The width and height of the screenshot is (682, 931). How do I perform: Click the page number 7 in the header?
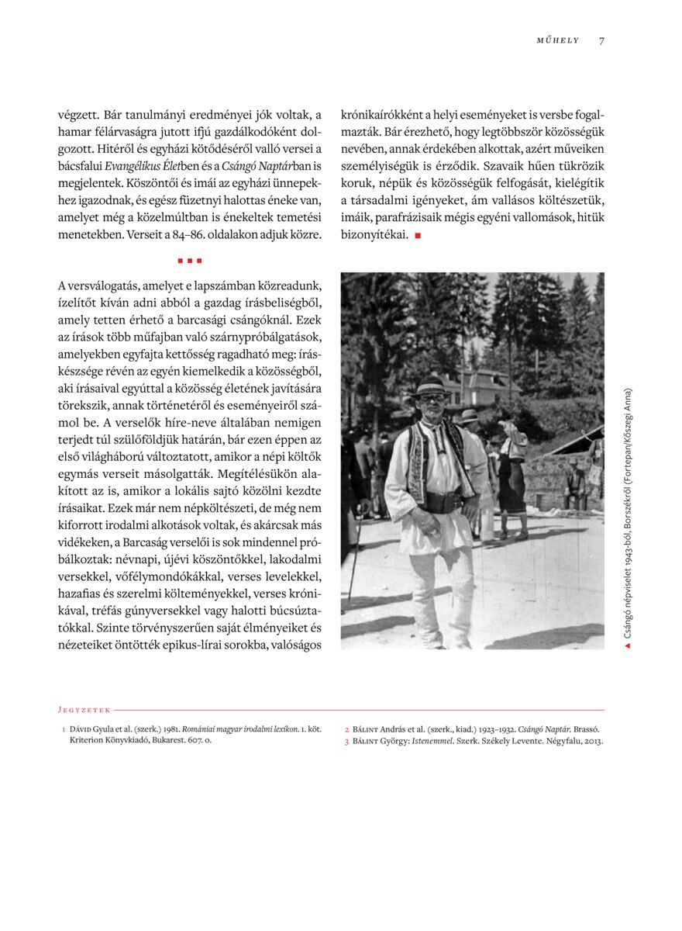tap(601, 41)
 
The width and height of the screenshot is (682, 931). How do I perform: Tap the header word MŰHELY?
tap(558, 41)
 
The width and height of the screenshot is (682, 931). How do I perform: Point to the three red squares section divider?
tap(189, 261)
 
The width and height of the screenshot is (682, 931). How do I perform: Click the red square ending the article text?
tap(418, 235)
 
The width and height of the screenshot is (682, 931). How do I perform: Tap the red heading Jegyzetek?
tap(84, 709)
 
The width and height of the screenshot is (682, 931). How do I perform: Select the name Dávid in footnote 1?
tap(81, 729)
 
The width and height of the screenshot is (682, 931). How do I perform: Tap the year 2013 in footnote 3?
tap(593, 741)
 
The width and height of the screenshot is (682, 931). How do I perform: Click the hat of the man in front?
tap(430, 386)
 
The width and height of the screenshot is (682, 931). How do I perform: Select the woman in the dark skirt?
tap(511, 481)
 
